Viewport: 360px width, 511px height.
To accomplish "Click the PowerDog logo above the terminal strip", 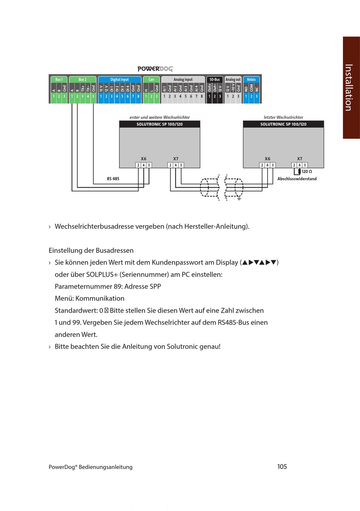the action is tap(155, 69).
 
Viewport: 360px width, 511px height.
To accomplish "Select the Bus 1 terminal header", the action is tap(59, 79).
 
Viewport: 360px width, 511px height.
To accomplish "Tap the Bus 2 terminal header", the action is tap(83, 79).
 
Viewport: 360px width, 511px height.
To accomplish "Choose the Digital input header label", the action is tap(119, 79).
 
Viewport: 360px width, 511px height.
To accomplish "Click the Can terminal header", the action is tap(151, 79).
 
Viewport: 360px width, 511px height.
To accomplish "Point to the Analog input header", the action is tap(183, 79).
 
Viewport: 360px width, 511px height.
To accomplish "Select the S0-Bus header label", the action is tap(214, 79).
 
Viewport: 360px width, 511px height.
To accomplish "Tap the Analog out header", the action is tap(233, 79).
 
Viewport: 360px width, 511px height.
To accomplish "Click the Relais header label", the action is tap(251, 79).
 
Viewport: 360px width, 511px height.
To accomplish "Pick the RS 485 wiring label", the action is tap(113, 179).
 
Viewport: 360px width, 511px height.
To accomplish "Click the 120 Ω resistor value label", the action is tap(307, 172).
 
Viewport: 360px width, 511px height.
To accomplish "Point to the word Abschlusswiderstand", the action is tap(297, 179).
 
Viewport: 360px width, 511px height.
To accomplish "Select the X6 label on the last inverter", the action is tap(268, 158).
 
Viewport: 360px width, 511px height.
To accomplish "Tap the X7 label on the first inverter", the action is tap(175, 158).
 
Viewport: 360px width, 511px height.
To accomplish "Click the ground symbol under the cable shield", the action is tap(239, 199).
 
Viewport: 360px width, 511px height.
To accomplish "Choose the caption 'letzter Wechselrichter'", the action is tap(283, 117).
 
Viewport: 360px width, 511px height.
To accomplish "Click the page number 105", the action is tap(282, 467).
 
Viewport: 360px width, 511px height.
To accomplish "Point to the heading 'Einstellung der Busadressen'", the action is tap(91, 251).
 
